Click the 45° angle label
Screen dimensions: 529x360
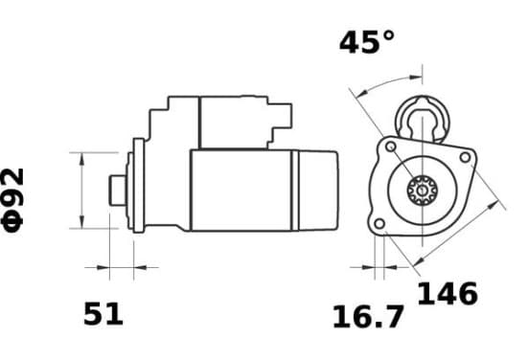(x=367, y=42)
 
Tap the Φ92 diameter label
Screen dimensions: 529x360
(x=12, y=200)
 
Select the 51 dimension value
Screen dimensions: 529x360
(x=103, y=314)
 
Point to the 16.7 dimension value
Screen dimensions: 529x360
(x=368, y=317)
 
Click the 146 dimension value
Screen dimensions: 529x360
(x=448, y=293)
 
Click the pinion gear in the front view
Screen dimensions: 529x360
(x=422, y=191)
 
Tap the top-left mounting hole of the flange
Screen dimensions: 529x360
(x=391, y=146)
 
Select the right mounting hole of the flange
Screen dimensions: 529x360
(x=465, y=157)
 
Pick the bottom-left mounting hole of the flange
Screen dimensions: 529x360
(x=379, y=223)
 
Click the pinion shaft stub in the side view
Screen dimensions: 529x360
(x=118, y=191)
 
